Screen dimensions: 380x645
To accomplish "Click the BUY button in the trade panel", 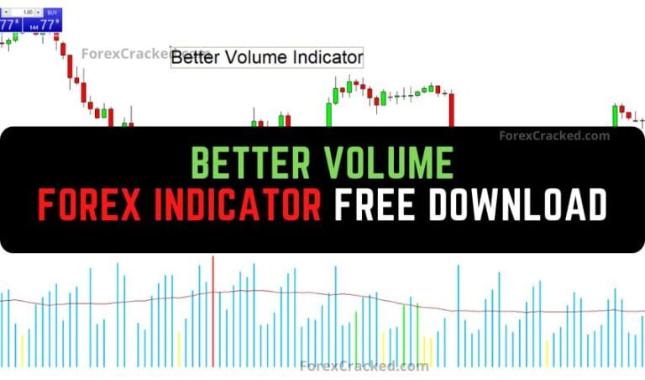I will pyautogui.click(x=52, y=13).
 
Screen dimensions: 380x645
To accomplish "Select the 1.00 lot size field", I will pyautogui.click(x=27, y=13).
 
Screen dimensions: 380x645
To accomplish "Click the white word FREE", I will pyautogui.click(x=387, y=204).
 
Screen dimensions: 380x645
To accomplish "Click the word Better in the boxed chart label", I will pyautogui.click(x=196, y=57).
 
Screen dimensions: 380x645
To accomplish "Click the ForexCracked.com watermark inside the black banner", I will pyautogui.click(x=554, y=135).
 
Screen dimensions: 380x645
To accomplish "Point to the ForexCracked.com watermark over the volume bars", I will pyautogui.click(x=364, y=366).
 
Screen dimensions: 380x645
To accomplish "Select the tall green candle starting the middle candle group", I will pyautogui.click(x=328, y=114).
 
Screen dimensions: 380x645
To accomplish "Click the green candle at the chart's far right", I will pyautogui.click(x=614, y=115).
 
